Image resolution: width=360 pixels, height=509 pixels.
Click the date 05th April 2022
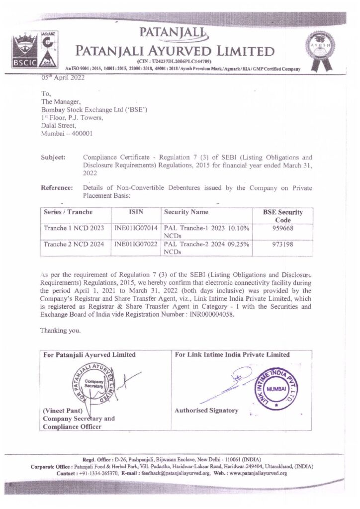pyautogui.click(x=63, y=78)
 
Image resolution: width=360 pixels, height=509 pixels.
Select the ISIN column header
pyautogui.click(x=136, y=212)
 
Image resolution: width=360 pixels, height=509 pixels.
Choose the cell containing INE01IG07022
pyautogui.click(x=136, y=245)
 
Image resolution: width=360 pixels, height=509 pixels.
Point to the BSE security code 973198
pyautogui.click(x=283, y=245)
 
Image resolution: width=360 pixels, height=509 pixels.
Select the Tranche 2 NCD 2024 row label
pyautogui.click(x=74, y=245)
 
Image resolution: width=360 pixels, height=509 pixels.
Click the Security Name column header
pyautogui.click(x=186, y=212)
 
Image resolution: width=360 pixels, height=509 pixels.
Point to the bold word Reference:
pyautogui.click(x=56, y=188)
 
